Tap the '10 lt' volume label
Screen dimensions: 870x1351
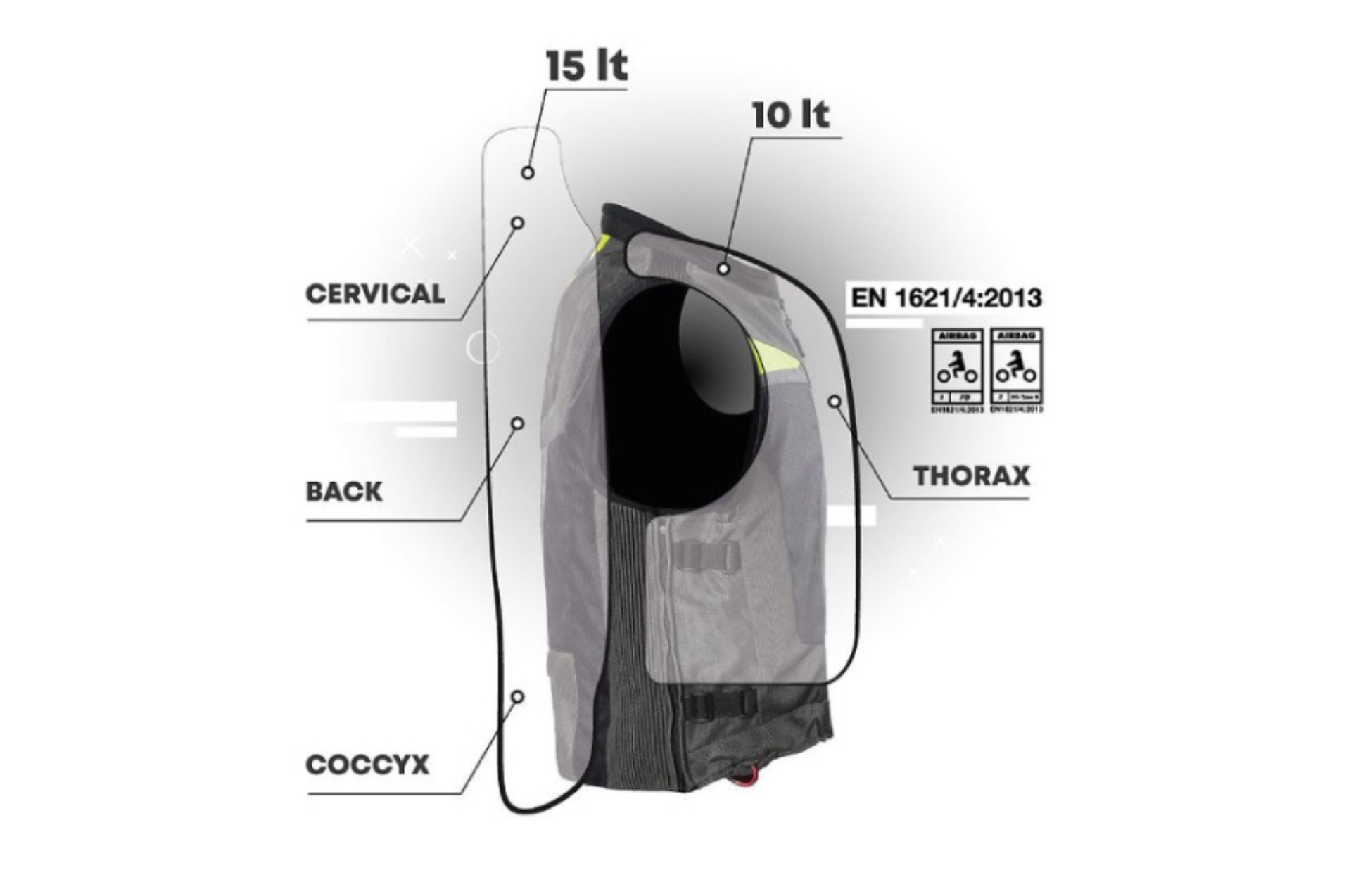click(791, 115)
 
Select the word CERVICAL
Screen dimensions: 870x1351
click(375, 293)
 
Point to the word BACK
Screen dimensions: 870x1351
click(344, 491)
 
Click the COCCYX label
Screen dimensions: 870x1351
click(367, 765)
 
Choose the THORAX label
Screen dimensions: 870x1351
click(972, 475)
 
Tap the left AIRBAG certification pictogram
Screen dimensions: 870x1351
click(957, 370)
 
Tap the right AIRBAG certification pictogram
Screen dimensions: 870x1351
click(1016, 370)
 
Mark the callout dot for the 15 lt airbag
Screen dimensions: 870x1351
click(528, 172)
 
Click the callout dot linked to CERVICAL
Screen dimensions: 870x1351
click(517, 223)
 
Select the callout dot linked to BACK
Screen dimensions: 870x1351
click(517, 423)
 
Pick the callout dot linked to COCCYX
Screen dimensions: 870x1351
click(517, 697)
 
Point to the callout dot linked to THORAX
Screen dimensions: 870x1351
click(835, 402)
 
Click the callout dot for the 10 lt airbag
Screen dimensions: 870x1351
click(723, 268)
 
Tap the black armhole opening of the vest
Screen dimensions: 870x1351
click(675, 394)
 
